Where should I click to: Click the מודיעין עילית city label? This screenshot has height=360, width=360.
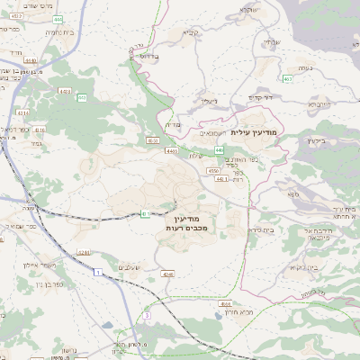[256, 132]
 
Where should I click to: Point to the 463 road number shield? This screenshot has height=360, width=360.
[286, 79]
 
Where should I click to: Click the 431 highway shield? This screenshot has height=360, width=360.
[146, 213]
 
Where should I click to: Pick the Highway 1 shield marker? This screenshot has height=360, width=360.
[94, 284]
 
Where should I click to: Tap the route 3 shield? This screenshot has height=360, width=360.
[145, 316]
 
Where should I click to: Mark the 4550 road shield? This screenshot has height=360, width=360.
[213, 170]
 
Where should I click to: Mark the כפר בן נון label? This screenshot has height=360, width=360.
[29, 283]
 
